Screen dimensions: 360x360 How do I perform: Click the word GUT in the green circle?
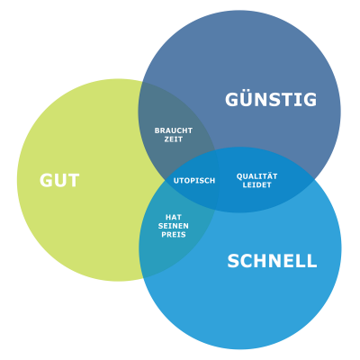tap(59, 180)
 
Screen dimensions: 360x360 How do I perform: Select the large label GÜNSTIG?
tap(271, 98)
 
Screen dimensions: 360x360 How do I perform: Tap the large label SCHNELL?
tap(272, 261)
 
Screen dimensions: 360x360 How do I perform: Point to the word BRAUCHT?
tap(174, 130)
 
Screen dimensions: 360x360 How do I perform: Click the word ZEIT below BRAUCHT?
tap(174, 139)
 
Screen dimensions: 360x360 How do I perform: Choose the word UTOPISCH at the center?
tap(194, 181)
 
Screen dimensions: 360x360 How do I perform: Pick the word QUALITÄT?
tap(256, 175)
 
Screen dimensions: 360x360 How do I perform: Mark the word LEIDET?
tap(256, 184)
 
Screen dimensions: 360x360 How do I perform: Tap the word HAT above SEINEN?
tap(174, 217)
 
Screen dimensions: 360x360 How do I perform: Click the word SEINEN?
tap(174, 226)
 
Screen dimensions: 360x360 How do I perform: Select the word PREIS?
tap(174, 234)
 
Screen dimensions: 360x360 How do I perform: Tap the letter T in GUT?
tap(73, 180)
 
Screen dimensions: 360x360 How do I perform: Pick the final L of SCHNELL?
tap(311, 261)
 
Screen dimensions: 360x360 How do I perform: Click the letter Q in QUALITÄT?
tap(240, 176)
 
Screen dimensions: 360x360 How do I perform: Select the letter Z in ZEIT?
tap(166, 139)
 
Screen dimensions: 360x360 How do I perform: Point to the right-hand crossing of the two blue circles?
tap(314, 179)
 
